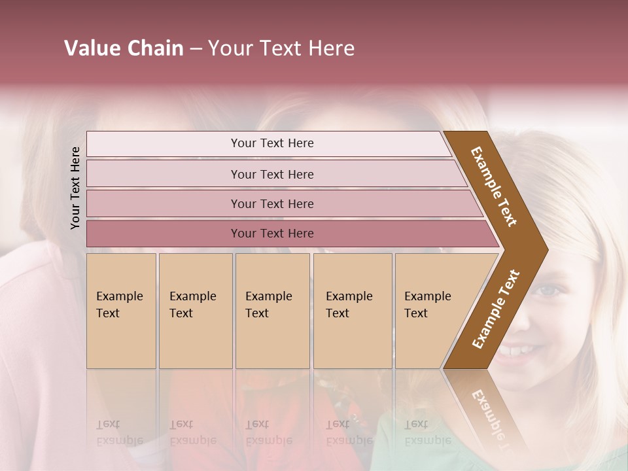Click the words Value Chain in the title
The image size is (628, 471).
pyautogui.click(x=124, y=48)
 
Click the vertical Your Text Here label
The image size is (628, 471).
pyautogui.click(x=75, y=188)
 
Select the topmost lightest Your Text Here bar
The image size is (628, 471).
pyautogui.click(x=271, y=143)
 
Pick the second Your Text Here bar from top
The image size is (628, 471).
pyautogui.click(x=271, y=174)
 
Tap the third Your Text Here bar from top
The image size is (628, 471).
pyautogui.click(x=271, y=203)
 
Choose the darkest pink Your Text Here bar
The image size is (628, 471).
pyautogui.click(x=271, y=234)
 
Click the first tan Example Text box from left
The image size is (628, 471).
pyautogui.click(x=121, y=310)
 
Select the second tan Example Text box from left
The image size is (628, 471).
pyautogui.click(x=195, y=310)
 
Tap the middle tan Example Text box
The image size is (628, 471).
pyautogui.click(x=272, y=310)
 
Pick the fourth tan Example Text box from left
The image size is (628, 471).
pyautogui.click(x=352, y=310)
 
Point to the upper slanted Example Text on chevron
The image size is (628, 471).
pyautogui.click(x=495, y=186)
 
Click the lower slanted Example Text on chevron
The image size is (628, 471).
pyautogui.click(x=495, y=309)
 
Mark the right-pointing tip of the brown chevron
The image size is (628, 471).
pyautogui.click(x=546, y=249)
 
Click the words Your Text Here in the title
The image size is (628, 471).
pyautogui.click(x=281, y=48)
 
